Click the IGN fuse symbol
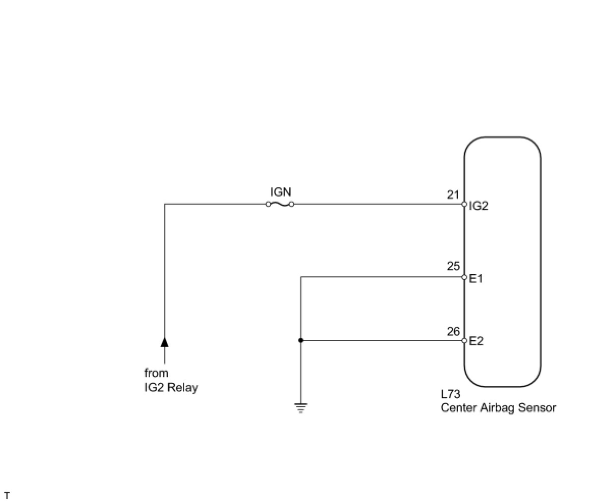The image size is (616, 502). click(x=279, y=204)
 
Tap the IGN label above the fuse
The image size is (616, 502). click(x=281, y=192)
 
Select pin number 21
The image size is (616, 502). click(x=453, y=194)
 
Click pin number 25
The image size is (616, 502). click(x=453, y=266)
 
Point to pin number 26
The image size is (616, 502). click(x=453, y=331)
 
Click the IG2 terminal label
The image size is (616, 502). click(x=479, y=206)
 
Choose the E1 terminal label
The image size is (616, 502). click(x=476, y=278)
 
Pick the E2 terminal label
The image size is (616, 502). click(x=476, y=341)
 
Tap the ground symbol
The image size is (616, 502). click(x=301, y=407)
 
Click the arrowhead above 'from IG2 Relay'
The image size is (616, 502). click(x=164, y=342)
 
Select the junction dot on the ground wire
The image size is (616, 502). click(x=301, y=341)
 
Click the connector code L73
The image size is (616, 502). click(x=451, y=395)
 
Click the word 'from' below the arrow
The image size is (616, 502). click(x=156, y=373)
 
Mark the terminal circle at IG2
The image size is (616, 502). click(x=464, y=204)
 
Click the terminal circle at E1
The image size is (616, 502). click(x=464, y=277)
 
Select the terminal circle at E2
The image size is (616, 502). click(x=464, y=341)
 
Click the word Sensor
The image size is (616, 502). click(x=538, y=408)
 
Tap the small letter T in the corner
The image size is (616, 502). click(x=7, y=495)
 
